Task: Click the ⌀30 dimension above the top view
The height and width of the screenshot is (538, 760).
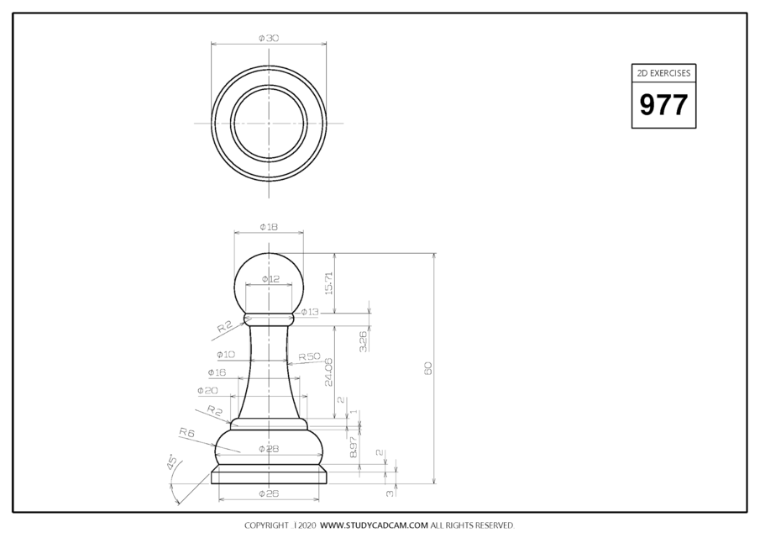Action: (x=269, y=38)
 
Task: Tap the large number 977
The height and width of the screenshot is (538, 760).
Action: (x=663, y=105)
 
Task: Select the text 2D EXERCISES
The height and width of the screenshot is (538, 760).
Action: (x=663, y=73)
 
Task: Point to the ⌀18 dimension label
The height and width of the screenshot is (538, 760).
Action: (x=269, y=227)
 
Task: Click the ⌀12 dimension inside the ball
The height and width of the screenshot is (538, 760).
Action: (x=270, y=278)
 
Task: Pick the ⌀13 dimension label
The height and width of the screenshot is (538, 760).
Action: (x=310, y=312)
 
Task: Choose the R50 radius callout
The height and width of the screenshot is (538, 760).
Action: (x=309, y=356)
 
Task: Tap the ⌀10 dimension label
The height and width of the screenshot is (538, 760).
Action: (x=226, y=354)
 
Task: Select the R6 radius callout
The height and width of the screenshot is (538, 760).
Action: (x=186, y=432)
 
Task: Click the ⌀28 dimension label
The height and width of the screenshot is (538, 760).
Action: (x=269, y=449)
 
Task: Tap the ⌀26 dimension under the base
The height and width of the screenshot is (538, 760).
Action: (x=269, y=493)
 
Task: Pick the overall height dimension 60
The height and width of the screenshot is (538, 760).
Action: (x=427, y=368)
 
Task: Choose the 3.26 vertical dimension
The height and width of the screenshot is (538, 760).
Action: (x=363, y=340)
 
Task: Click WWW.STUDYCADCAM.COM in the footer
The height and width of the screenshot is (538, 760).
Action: (x=374, y=525)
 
